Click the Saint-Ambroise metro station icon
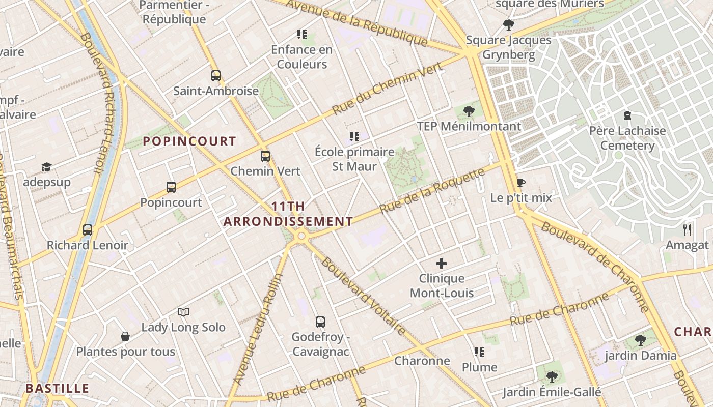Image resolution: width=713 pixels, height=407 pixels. click(216, 76)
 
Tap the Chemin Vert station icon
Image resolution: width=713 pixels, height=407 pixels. click(265, 156)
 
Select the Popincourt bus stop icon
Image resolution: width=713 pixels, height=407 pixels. click(171, 187)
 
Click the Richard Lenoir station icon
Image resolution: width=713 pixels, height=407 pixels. click(88, 230)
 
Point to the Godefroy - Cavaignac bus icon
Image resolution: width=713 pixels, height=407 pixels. click(320, 322)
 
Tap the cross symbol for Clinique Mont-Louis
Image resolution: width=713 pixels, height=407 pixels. click(442, 264)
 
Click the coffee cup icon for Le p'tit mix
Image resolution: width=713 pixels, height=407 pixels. click(520, 183)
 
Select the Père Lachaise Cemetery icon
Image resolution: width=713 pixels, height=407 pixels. click(627, 115)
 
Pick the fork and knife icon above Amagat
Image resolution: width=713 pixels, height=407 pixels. click(687, 230)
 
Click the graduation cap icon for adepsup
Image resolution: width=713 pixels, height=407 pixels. click(46, 167)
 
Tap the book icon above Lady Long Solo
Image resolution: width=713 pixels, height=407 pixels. click(183, 311)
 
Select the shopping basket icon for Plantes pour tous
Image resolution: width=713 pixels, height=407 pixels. click(125, 336)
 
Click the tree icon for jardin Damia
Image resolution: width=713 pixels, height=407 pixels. click(640, 340)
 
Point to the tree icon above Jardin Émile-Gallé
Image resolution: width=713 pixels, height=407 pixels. click(552, 377)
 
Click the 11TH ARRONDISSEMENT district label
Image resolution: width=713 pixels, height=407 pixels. click(288, 214)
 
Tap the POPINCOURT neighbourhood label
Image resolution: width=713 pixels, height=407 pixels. click(189, 141)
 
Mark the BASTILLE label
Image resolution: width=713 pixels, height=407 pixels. click(57, 388)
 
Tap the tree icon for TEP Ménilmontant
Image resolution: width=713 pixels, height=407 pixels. click(469, 111)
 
